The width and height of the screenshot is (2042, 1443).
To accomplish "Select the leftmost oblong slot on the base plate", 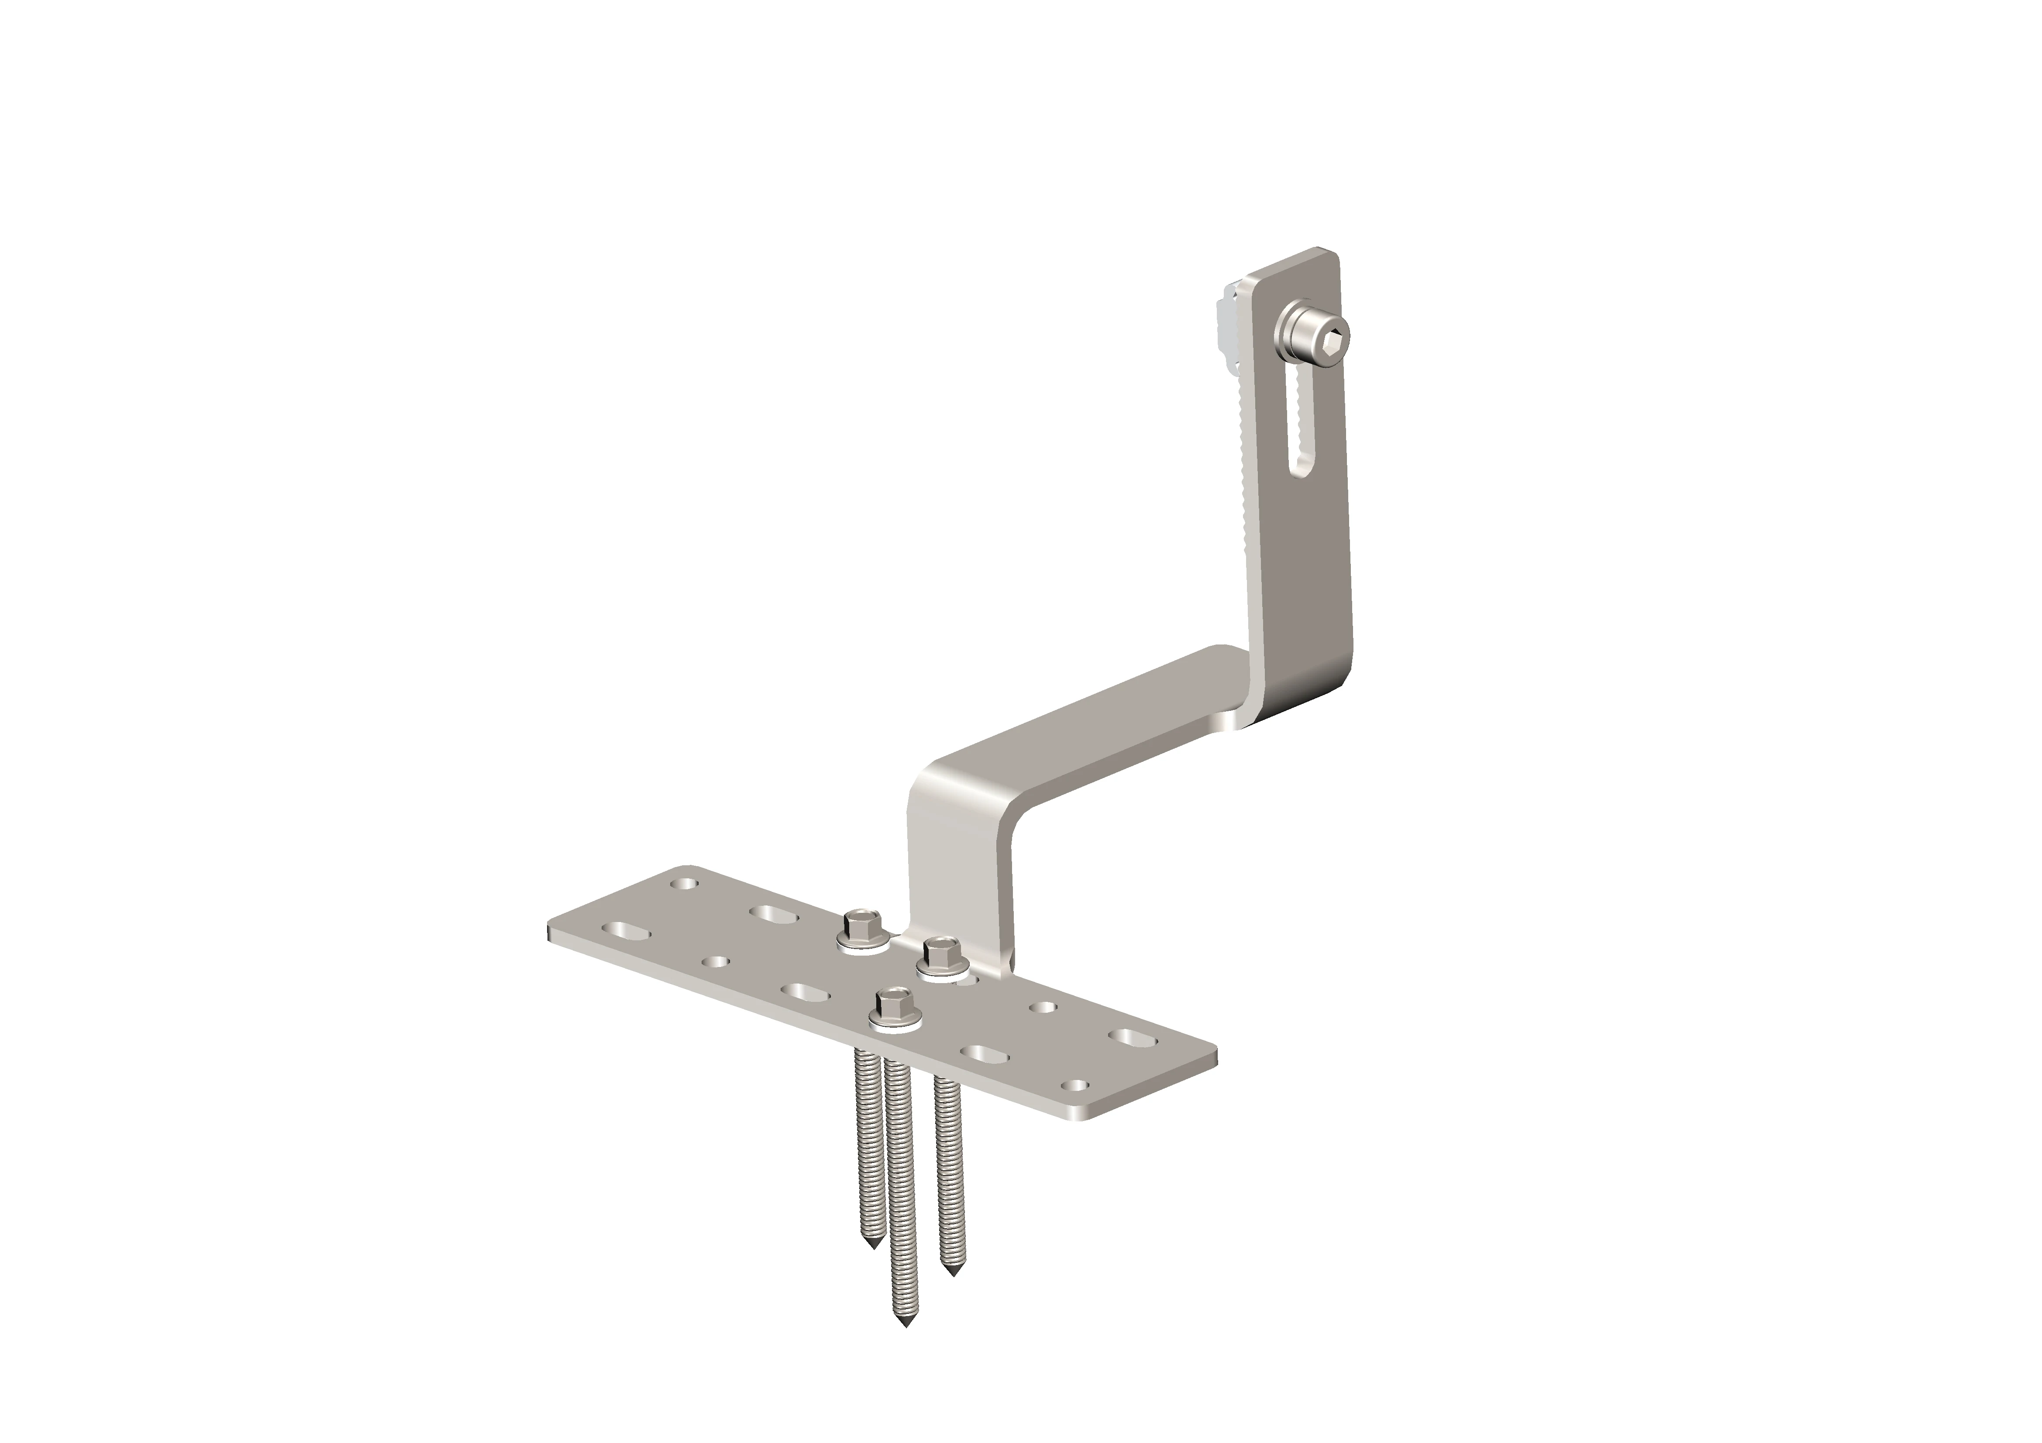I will (626, 929).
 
